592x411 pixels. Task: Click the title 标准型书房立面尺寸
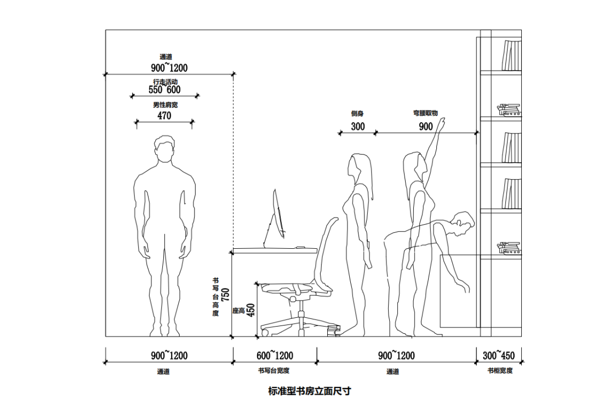pyautogui.click(x=309, y=391)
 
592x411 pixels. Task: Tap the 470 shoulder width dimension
pyautogui.click(x=164, y=116)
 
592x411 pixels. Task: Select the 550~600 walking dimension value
pyautogui.click(x=164, y=90)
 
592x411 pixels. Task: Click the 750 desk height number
pyautogui.click(x=225, y=296)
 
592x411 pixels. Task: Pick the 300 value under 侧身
pyautogui.click(x=358, y=127)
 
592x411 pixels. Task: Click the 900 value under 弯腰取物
pyautogui.click(x=426, y=127)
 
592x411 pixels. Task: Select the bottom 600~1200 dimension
pyautogui.click(x=275, y=356)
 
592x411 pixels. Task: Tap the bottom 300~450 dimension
pyautogui.click(x=498, y=356)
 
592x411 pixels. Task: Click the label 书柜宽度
pyautogui.click(x=500, y=371)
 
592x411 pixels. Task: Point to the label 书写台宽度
pyautogui.click(x=274, y=371)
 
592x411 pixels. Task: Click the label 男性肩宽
pyautogui.click(x=165, y=104)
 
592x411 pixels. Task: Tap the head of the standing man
pyautogui.click(x=164, y=150)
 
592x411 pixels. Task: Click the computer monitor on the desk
pyautogui.click(x=277, y=216)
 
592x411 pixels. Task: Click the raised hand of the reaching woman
pyautogui.click(x=441, y=124)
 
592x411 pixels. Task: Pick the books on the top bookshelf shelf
pyautogui.click(x=511, y=56)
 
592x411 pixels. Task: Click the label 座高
pyautogui.click(x=238, y=311)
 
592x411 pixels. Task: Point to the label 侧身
pyautogui.click(x=357, y=114)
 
